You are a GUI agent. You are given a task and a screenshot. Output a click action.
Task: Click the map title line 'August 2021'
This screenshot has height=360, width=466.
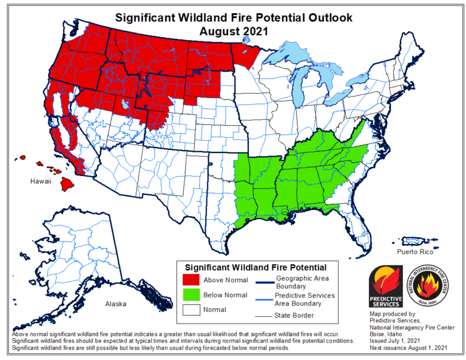[234, 30]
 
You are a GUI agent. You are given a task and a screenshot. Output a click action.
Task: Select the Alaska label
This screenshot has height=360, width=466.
[115, 304]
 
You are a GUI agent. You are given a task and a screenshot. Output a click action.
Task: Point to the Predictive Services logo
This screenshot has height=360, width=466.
[386, 287]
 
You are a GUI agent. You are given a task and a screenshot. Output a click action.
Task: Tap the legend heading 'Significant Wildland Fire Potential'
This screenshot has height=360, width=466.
[255, 267]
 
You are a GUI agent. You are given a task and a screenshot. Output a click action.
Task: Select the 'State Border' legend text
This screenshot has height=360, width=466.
[294, 316]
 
